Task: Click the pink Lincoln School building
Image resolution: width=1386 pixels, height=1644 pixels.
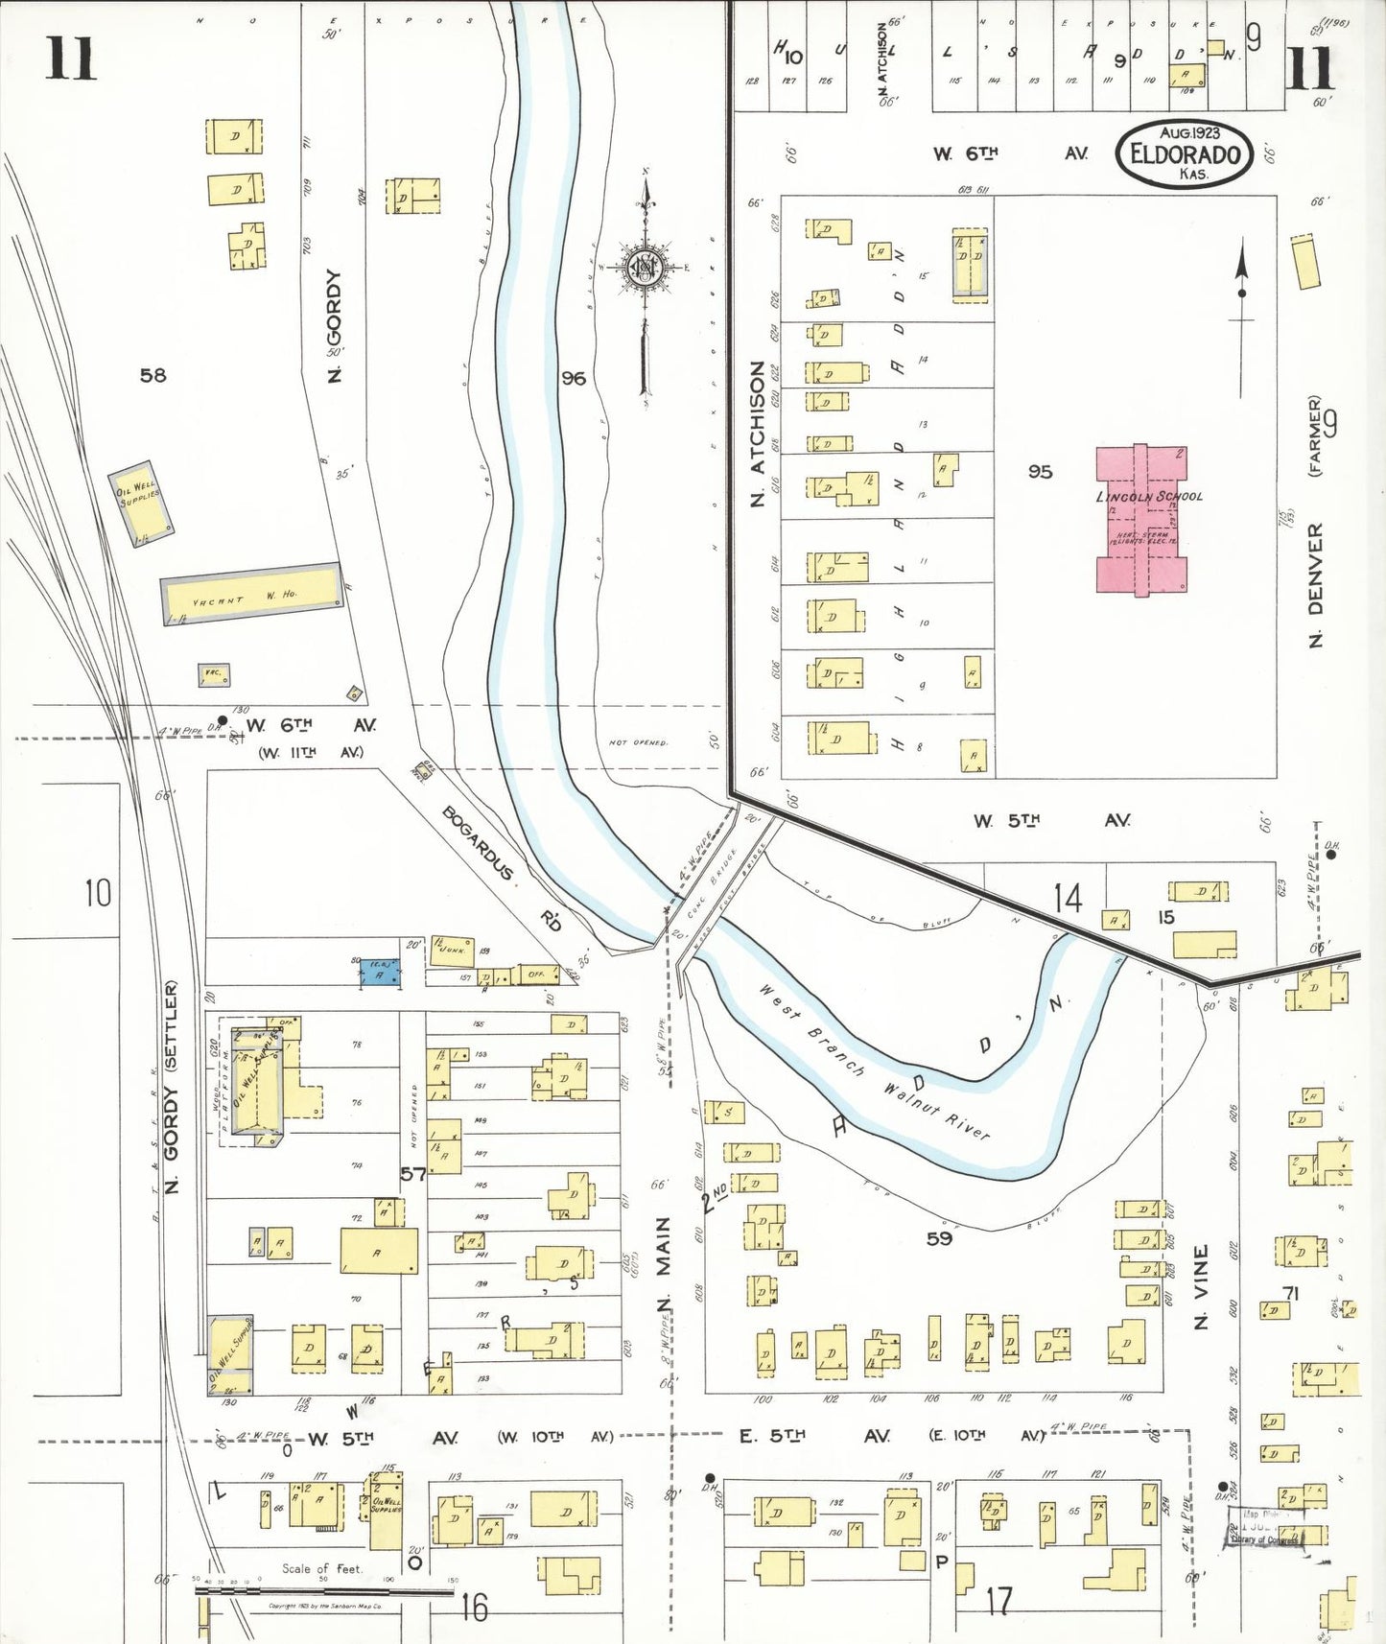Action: click(1141, 519)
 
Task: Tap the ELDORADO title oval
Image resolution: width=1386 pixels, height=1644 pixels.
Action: click(1185, 153)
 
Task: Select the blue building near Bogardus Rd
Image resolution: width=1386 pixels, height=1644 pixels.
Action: click(381, 975)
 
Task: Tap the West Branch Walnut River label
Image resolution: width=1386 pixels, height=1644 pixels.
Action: click(873, 1062)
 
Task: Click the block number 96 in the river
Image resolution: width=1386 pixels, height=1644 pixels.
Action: click(574, 378)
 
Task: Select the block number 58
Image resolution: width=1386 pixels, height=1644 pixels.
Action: click(153, 375)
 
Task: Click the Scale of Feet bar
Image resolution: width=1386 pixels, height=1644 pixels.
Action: click(324, 1590)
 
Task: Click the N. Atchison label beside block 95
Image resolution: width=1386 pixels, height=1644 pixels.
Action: click(758, 434)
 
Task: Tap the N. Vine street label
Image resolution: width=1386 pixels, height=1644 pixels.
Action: click(1201, 1286)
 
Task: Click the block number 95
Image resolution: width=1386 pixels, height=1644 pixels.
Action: click(1040, 472)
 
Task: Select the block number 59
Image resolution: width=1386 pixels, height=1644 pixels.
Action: click(939, 1238)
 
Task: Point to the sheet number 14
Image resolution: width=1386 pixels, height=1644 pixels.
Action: click(1068, 899)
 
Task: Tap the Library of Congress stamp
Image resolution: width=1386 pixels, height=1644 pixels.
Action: click(1263, 1527)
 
